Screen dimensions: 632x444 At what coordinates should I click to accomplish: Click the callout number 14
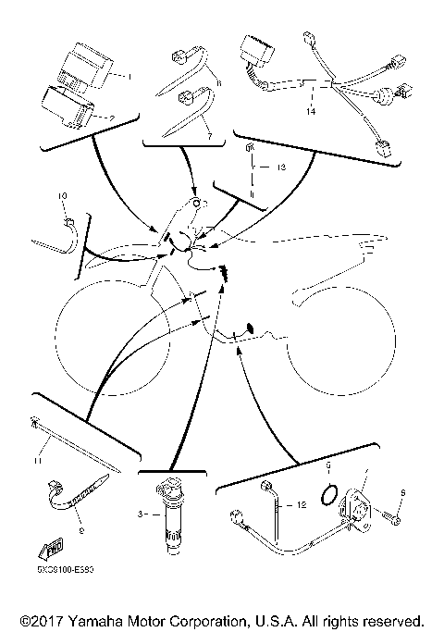pyautogui.click(x=310, y=111)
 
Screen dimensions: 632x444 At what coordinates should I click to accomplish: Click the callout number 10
pyautogui.click(x=63, y=197)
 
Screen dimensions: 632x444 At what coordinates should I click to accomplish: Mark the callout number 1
pyautogui.click(x=129, y=76)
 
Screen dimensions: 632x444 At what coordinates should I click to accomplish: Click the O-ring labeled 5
pyautogui.click(x=325, y=495)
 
